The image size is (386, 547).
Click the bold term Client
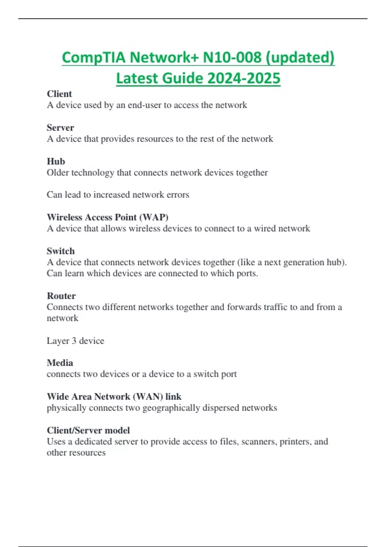coord(60,94)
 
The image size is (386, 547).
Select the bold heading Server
coord(60,128)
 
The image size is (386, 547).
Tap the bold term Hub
coord(56,162)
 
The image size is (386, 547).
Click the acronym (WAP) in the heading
coord(154,218)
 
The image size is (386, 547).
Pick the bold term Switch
coord(61,251)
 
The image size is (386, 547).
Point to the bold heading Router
coord(61,296)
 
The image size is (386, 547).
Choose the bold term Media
coord(60,363)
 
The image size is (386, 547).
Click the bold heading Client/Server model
coord(88,431)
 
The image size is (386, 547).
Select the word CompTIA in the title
coord(94,58)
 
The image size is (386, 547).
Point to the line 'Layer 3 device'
coord(76,341)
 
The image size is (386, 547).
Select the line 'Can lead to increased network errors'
coord(118,195)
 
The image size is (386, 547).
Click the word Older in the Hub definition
coord(58,173)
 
